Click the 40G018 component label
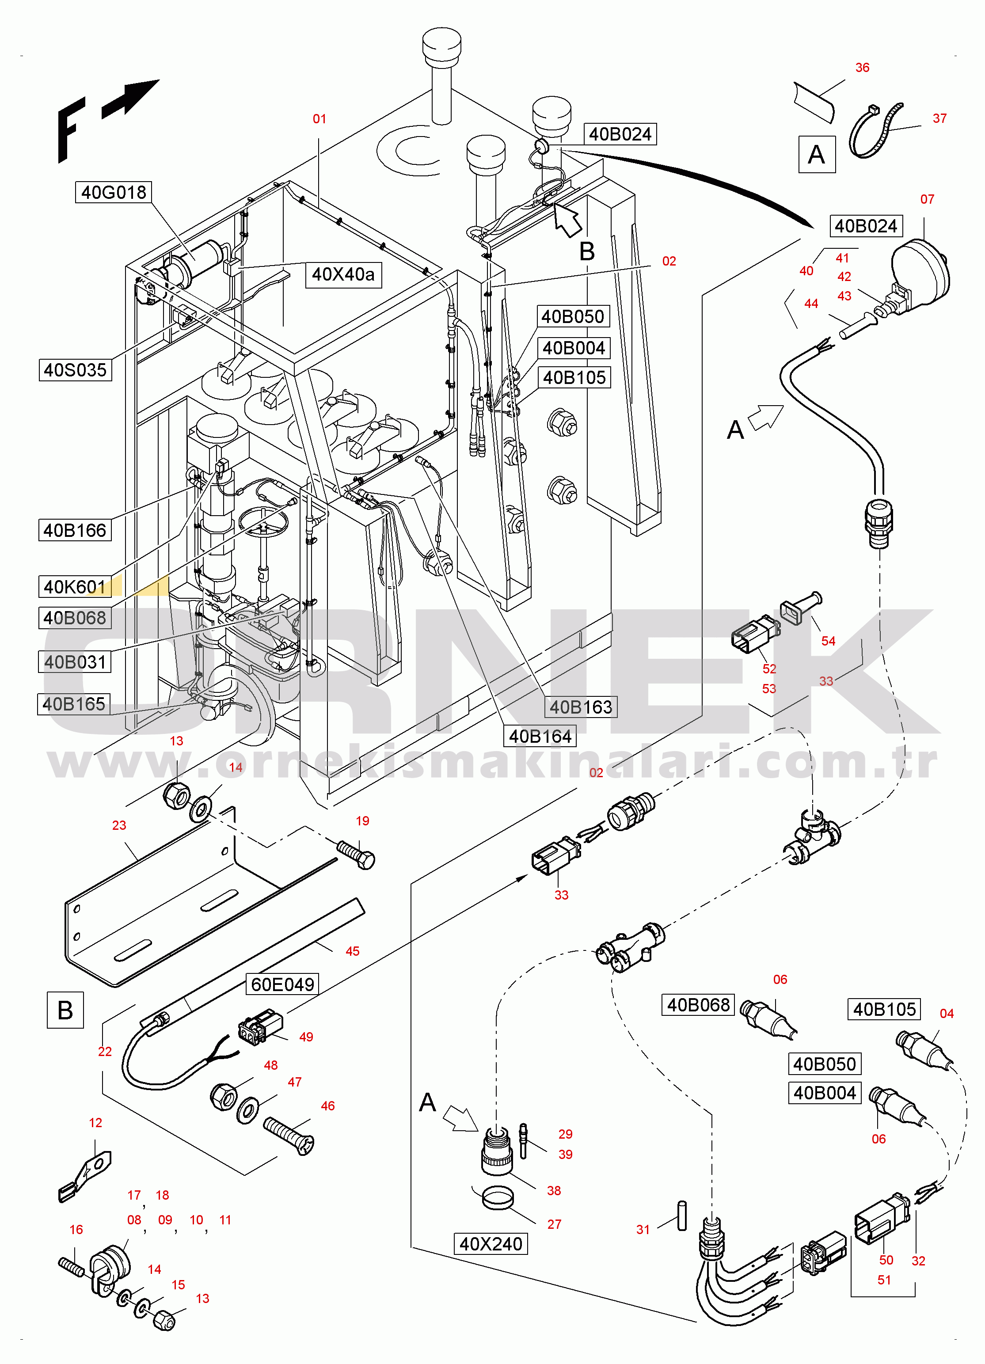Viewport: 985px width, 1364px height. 113,193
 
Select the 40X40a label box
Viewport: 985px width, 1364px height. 343,275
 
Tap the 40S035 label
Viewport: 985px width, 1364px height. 75,370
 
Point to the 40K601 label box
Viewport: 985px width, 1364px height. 75,586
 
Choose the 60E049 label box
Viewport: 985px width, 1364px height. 282,984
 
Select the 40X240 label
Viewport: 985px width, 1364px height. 491,1243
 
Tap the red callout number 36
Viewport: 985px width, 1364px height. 862,67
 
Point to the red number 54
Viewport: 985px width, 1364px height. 828,641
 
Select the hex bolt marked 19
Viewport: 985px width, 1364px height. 356,854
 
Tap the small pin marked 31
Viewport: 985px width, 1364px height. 681,1216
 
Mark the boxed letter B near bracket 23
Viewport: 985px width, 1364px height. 65,1010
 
